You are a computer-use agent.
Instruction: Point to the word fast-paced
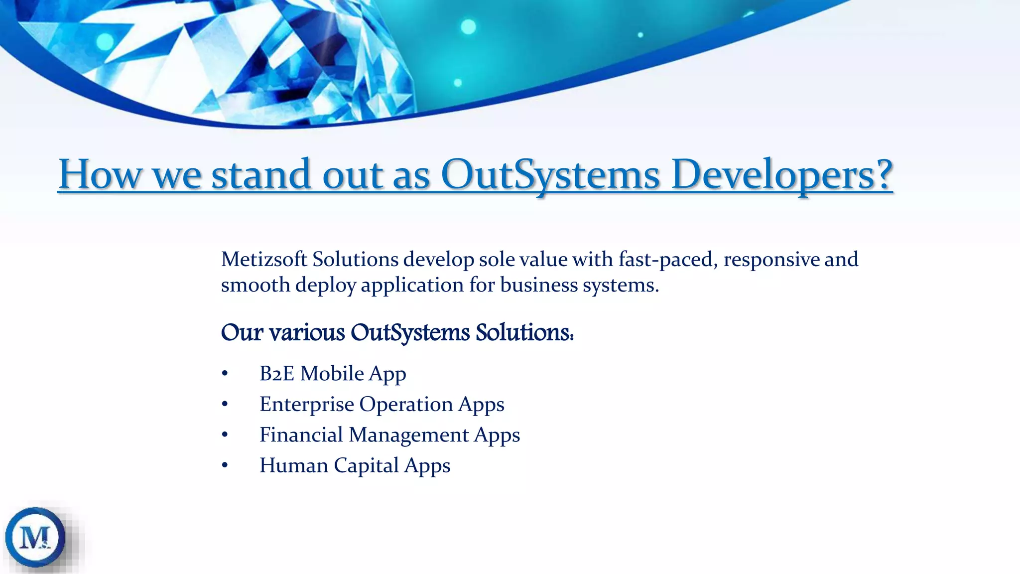pos(668,260)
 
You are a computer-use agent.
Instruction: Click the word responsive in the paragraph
pos(771,260)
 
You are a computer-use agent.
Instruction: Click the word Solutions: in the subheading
pos(524,332)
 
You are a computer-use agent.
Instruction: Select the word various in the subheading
pos(307,332)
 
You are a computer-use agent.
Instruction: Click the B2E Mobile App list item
pos(333,374)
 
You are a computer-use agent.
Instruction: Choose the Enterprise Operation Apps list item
pos(382,404)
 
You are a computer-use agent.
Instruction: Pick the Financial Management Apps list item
pos(389,435)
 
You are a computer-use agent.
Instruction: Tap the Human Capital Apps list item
pos(355,465)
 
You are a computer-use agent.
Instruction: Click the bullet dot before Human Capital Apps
pos(225,466)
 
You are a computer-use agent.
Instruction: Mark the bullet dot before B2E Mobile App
pos(225,374)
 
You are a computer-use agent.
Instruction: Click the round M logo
pos(35,538)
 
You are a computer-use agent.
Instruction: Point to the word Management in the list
pos(408,435)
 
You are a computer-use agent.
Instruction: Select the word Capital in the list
pos(366,465)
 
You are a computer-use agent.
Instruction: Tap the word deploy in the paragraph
pos(326,285)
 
